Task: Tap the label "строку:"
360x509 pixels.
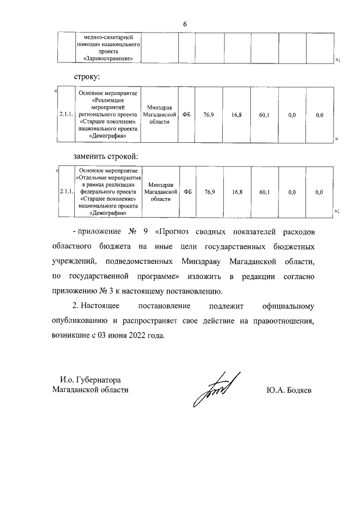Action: pos(88,76)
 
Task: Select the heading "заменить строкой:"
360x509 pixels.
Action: pos(106,155)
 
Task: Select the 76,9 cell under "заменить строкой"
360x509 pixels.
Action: pos(209,192)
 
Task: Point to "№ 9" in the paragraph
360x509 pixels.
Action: pos(134,232)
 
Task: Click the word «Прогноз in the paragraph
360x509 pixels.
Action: pos(175,232)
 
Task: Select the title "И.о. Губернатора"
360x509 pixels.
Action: pos(87,380)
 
